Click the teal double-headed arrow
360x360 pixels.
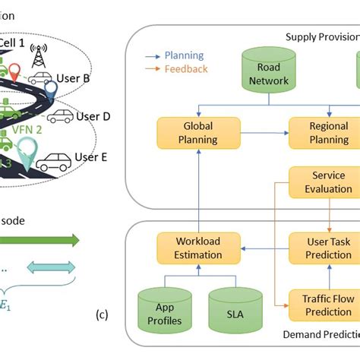tap(52, 267)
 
